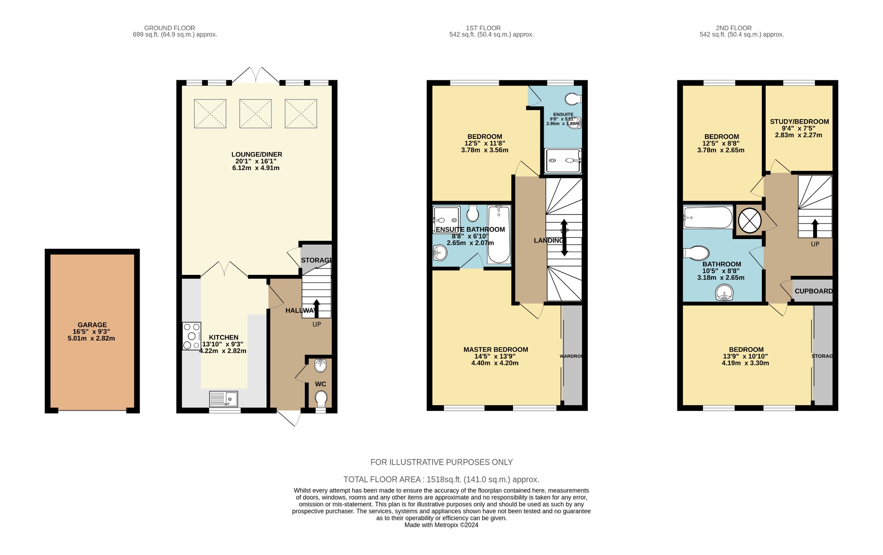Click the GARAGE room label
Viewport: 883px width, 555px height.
(92, 325)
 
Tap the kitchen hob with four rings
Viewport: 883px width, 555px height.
(191, 336)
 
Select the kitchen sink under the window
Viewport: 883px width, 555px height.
(224, 398)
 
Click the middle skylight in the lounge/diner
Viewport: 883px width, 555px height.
(255, 114)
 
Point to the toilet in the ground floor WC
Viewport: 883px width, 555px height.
(321, 398)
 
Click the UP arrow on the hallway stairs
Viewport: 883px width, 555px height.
(316, 308)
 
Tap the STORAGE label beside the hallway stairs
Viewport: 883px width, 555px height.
(316, 260)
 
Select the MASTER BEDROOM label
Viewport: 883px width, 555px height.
(495, 350)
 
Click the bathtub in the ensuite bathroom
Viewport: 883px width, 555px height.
(499, 235)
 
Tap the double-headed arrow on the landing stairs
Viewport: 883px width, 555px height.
(564, 238)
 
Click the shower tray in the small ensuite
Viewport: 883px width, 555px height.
(563, 161)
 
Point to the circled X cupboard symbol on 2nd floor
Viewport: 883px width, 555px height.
(749, 220)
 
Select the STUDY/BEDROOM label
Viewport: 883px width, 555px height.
(799, 122)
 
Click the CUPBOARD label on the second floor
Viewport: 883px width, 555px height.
(813, 291)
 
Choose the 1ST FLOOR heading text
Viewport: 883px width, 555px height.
(483, 28)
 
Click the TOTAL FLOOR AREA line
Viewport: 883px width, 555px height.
(441, 479)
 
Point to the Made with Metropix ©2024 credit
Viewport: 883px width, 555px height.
(441, 525)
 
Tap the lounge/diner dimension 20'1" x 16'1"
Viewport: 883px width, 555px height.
(256, 161)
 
